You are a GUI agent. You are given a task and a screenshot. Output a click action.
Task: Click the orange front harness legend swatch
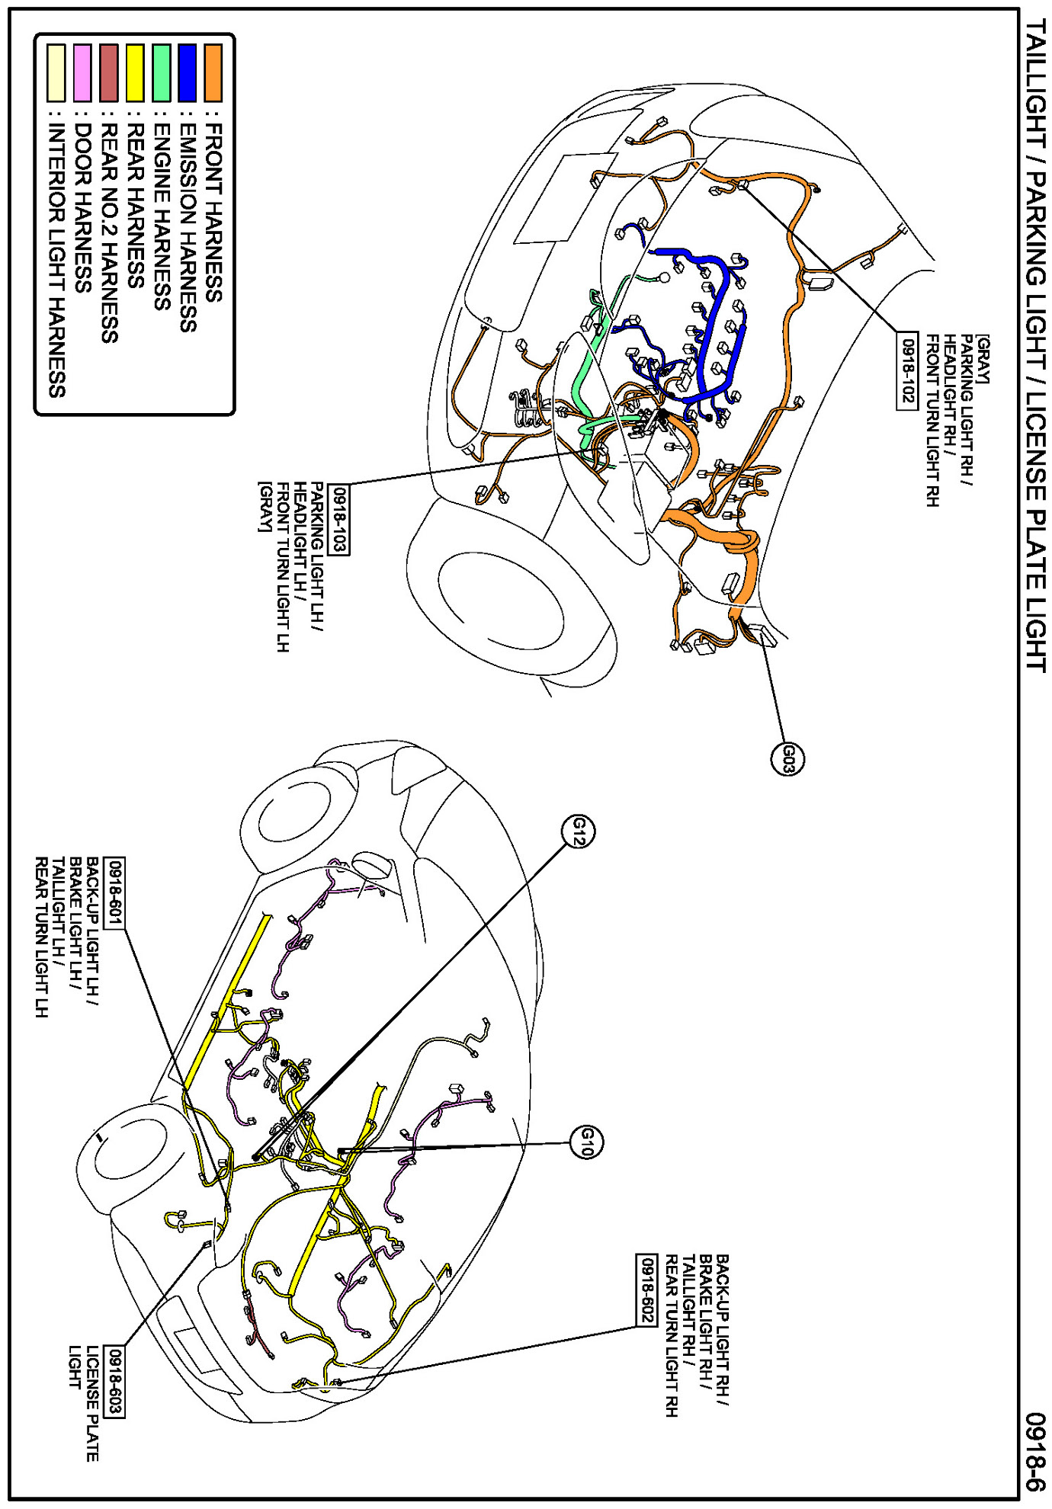tap(213, 72)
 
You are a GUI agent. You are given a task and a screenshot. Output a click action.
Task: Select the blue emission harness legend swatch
tap(187, 72)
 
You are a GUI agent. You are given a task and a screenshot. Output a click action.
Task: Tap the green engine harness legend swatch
tap(161, 72)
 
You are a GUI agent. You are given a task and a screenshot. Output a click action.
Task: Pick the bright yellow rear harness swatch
tap(135, 72)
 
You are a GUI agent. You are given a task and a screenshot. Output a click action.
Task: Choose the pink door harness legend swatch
tap(82, 72)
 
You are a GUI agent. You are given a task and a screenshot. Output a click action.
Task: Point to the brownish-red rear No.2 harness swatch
tap(109, 72)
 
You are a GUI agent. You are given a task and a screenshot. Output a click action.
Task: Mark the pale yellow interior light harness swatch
tap(56, 72)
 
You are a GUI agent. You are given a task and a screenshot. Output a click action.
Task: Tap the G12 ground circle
tap(579, 831)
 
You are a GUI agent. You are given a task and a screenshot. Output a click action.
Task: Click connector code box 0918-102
tap(907, 370)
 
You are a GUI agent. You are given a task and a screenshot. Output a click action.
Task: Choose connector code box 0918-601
tap(114, 892)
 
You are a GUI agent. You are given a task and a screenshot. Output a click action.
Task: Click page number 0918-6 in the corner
tap(1034, 1452)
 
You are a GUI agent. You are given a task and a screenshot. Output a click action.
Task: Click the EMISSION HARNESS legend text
tap(188, 229)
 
